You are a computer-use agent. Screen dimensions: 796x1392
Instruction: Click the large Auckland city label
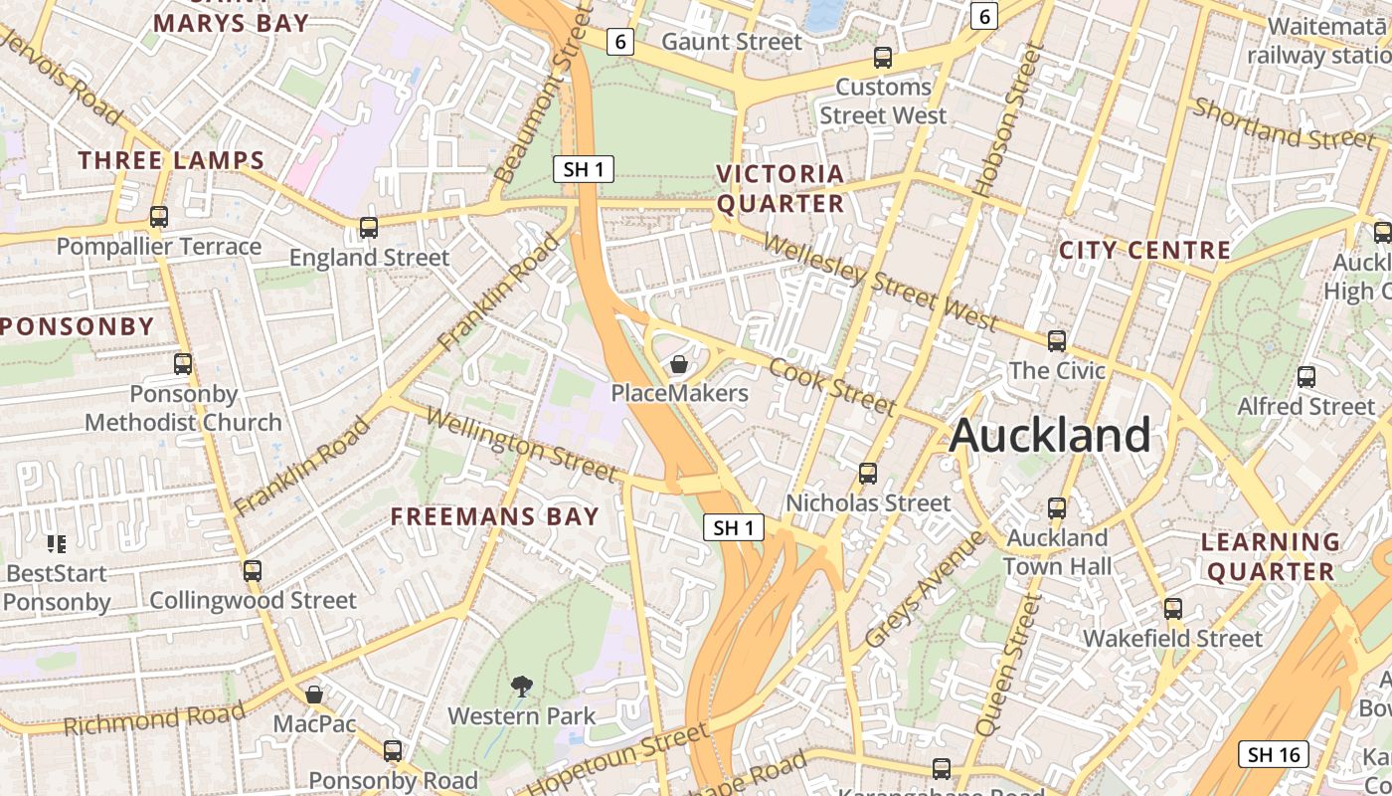tap(1050, 436)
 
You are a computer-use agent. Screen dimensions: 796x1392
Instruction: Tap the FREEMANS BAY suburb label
tap(495, 516)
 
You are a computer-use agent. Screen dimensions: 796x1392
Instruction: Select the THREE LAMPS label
tap(172, 160)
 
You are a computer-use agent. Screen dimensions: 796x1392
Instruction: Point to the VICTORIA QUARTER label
tap(781, 189)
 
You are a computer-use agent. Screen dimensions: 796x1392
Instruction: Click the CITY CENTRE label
tap(1145, 250)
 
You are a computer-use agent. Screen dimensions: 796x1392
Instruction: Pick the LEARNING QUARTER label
tap(1271, 556)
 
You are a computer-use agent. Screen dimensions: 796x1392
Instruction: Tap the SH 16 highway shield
tap(1275, 754)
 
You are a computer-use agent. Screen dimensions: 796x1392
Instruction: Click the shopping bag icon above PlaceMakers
tap(679, 365)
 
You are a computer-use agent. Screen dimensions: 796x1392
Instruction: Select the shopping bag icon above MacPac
tap(314, 695)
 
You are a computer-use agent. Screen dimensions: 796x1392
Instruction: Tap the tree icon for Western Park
tap(521, 686)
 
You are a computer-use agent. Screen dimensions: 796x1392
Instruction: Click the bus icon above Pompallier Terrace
tap(159, 216)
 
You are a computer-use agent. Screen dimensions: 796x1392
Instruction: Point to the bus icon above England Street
tap(369, 228)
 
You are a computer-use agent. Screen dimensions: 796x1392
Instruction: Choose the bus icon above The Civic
tap(1057, 341)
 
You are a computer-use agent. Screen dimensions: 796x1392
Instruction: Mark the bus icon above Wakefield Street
tap(1173, 608)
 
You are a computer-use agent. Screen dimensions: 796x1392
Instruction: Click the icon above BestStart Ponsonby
tap(57, 543)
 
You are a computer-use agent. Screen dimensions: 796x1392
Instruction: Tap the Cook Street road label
tap(832, 385)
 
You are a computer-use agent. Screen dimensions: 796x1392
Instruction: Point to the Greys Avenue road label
tap(924, 589)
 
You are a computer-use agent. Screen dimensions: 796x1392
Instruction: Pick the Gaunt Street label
tap(731, 42)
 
